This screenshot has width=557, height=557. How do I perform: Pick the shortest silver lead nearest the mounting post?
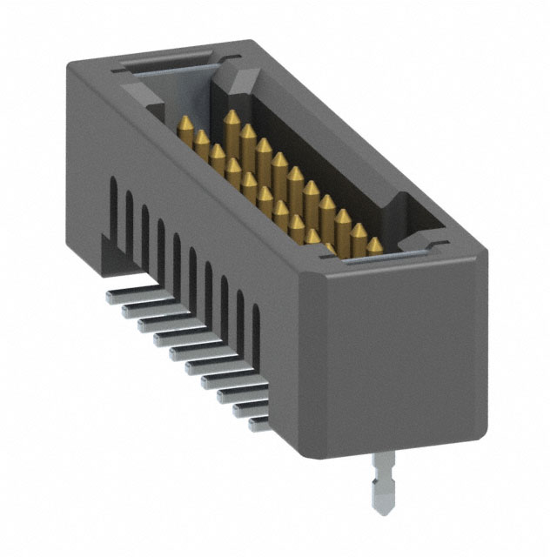pos(258,424)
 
